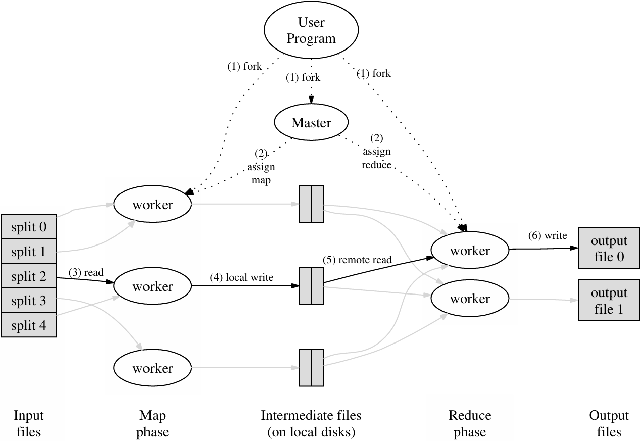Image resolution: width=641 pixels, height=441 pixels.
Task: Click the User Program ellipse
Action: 311,30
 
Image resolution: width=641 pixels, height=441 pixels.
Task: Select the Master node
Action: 311,123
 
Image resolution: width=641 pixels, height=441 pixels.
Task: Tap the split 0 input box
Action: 29,227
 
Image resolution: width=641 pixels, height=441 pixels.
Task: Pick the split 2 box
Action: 29,276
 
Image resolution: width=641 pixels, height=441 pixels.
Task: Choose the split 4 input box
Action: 29,326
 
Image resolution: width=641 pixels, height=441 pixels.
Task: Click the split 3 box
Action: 29,301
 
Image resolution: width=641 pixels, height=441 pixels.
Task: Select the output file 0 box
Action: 609,249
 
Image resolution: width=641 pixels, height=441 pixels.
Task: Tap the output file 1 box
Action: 609,301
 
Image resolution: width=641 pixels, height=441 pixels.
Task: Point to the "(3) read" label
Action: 86,273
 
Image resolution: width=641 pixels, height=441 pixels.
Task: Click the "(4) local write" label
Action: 241,277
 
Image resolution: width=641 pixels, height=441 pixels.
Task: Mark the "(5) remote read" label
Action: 357,260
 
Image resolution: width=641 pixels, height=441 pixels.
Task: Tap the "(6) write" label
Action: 548,235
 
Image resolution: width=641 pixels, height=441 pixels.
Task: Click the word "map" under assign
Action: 261,180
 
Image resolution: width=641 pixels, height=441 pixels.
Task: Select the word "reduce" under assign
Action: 377,165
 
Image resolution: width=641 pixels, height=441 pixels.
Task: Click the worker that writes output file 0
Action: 470,251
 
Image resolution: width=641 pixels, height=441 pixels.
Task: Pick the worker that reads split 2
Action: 153,286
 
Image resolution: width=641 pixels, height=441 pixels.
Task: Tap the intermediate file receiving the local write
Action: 311,286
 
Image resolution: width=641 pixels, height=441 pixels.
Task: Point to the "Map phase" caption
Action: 152,424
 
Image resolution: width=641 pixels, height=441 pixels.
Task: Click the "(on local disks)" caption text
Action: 311,432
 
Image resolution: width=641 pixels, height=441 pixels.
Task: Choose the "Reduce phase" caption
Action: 470,424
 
